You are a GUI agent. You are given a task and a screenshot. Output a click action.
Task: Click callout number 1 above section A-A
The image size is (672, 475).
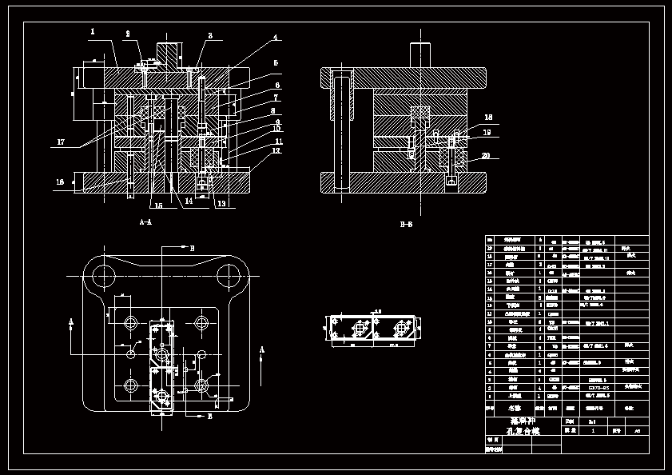pos(93,32)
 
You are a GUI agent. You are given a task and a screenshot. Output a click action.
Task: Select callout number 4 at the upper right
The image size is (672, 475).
pos(275,38)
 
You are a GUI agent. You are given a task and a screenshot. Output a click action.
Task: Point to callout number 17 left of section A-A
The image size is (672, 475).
pos(60,143)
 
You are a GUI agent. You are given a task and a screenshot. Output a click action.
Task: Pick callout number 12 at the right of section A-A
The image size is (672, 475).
pos(276,150)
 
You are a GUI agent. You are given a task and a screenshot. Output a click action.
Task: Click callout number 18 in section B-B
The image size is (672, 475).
pos(487,118)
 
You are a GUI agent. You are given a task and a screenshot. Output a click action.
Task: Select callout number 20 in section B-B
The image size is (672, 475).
pos(486,156)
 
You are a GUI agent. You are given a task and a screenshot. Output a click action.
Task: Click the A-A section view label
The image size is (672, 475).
pos(145,222)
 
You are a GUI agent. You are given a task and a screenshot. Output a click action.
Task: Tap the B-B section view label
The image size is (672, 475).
pos(406,225)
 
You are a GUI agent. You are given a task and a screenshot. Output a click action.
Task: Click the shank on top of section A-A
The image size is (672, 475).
pos(169,54)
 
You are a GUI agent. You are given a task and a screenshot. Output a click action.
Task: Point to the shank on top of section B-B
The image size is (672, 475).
pos(420,54)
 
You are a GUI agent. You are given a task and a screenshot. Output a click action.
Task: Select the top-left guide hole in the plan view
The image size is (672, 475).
pos(105,276)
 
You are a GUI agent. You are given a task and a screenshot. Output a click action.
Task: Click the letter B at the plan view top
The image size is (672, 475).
pos(192,248)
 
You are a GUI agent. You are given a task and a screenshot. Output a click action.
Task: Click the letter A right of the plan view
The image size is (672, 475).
pos(261,349)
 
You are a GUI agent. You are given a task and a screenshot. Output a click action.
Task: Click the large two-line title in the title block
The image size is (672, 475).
pos(523,425)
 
